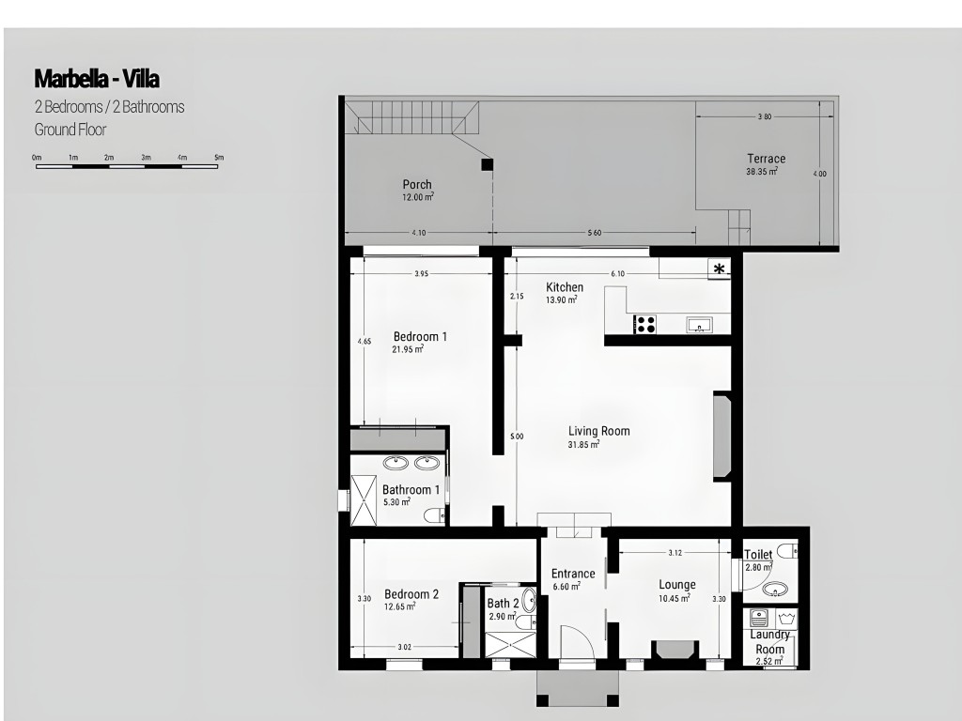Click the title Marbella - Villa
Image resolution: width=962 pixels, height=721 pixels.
[97, 79]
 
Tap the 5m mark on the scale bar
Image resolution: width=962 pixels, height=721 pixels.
[219, 158]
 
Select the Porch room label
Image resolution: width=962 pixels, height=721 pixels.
[417, 184]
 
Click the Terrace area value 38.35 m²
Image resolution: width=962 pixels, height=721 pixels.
[762, 172]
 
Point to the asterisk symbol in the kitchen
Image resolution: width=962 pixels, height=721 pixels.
[719, 268]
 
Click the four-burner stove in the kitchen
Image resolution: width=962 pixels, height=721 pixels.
[644, 324]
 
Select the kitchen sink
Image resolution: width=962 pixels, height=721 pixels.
[699, 325]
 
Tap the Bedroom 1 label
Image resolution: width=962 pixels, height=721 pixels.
[420, 337]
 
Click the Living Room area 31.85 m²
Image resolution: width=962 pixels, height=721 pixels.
[583, 444]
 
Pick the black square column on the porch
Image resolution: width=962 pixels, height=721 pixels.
[487, 164]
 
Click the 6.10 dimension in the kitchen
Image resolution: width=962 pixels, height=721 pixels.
[618, 274]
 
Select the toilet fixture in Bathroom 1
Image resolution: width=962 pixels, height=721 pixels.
[434, 515]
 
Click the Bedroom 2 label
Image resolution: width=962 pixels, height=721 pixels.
[411, 594]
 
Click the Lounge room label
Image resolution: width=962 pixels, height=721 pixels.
[677, 585]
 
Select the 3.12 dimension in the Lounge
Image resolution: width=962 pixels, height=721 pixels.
[675, 553]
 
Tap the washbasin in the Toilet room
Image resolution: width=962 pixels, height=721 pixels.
[775, 590]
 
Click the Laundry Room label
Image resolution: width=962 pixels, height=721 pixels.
[770, 641]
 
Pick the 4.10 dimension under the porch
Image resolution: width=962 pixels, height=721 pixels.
[419, 233]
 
